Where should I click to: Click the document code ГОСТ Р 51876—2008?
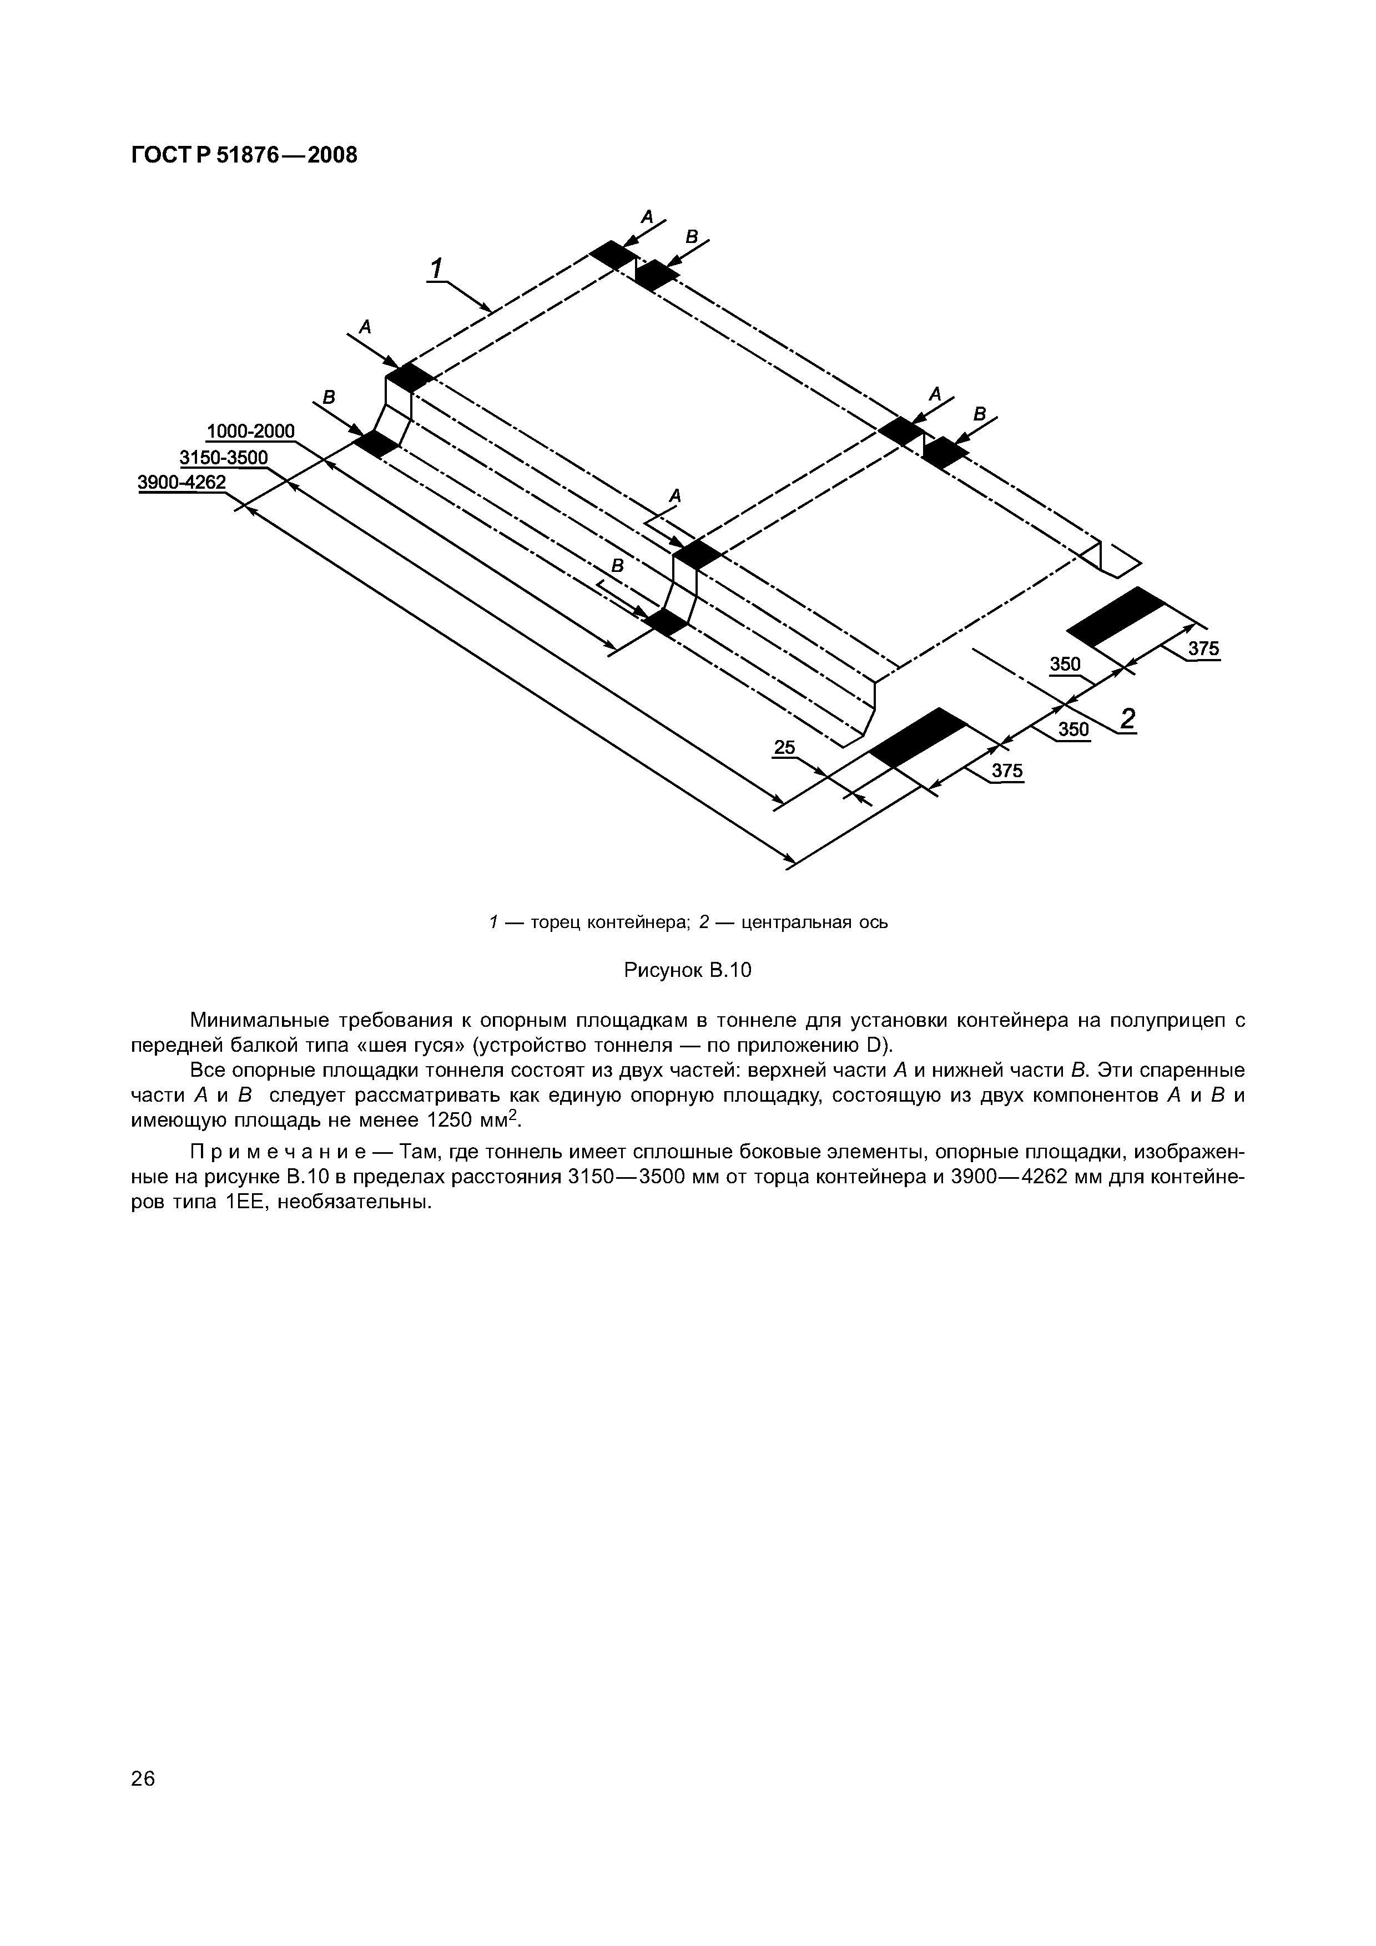click(x=244, y=155)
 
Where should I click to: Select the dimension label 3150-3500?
click(x=223, y=458)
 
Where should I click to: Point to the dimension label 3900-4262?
click(x=182, y=482)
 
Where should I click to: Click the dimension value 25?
click(x=784, y=747)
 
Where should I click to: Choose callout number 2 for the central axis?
click(x=1127, y=719)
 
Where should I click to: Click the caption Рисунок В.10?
click(x=688, y=970)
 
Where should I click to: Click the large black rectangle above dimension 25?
click(x=918, y=737)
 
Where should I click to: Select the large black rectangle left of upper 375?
click(x=1116, y=616)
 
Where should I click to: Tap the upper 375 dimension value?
click(x=1202, y=648)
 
